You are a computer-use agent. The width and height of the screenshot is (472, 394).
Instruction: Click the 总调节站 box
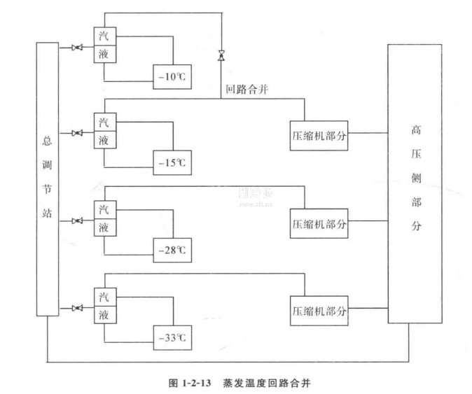pos(47,178)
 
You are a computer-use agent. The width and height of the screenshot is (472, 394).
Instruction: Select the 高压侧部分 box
pos(414,183)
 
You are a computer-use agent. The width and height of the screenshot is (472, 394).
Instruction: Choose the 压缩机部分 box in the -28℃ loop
pos(319,224)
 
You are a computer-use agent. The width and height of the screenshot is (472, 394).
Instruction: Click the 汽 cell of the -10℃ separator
pos(104,36)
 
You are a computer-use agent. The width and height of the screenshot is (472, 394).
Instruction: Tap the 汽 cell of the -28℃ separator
pos(104,210)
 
